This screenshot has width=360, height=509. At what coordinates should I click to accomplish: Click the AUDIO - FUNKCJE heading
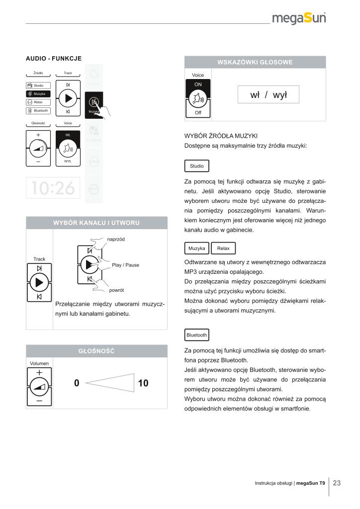tap(54, 59)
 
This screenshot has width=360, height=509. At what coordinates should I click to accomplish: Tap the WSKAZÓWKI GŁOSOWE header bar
tap(255, 62)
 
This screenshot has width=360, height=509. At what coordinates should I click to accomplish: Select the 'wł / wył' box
tap(269, 94)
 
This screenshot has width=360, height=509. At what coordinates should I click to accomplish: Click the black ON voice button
tap(198, 85)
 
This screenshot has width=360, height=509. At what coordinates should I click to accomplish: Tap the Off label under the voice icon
tap(198, 113)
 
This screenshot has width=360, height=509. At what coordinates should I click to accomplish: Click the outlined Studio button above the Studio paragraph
tap(197, 166)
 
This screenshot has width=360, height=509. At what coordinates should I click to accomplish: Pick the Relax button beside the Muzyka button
tap(223, 248)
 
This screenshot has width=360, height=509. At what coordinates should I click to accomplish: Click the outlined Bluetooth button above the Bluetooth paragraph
tap(196, 335)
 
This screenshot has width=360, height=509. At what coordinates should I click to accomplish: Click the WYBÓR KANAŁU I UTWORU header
tap(96, 222)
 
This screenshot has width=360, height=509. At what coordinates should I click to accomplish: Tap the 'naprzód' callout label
tap(115, 239)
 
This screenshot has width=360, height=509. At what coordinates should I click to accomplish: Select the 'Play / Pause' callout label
tap(125, 265)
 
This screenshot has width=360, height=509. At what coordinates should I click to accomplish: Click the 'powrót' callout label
tap(116, 290)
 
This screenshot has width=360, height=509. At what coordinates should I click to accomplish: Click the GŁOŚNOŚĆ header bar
tap(96, 351)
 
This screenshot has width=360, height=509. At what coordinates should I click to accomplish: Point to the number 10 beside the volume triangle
tap(143, 383)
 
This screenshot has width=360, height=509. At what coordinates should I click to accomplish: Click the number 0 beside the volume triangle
tap(77, 383)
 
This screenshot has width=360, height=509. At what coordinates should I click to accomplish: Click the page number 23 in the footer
tap(337, 483)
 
